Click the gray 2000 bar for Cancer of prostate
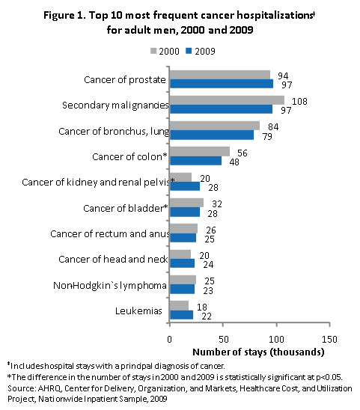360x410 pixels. (x=220, y=74)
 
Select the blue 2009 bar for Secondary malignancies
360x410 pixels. (x=222, y=108)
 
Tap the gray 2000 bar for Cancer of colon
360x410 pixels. (x=200, y=152)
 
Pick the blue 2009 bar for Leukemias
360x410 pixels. (x=182, y=314)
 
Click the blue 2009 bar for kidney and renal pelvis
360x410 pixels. (x=185, y=186)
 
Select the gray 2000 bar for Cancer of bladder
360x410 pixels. (x=187, y=203)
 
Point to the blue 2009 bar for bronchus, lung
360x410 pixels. (x=212, y=135)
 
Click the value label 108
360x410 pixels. (x=298, y=100)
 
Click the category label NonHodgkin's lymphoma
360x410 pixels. (x=109, y=285)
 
